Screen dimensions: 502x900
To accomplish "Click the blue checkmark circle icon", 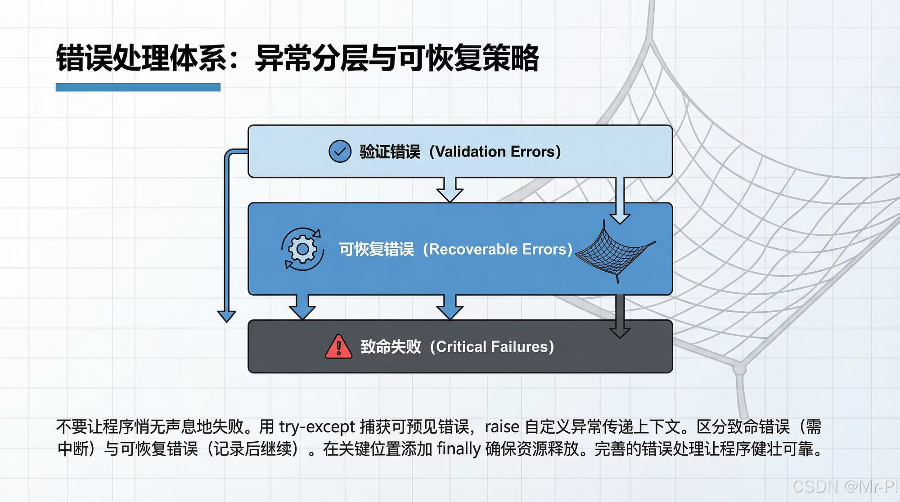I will tap(340, 151).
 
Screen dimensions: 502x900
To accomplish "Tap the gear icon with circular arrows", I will tap(302, 249).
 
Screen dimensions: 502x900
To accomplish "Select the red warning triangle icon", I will tap(338, 347).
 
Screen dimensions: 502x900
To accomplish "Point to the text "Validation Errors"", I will tap(495, 152).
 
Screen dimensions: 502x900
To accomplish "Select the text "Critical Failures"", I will tap(492, 347).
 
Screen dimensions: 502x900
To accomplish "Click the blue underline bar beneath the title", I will tap(138, 87).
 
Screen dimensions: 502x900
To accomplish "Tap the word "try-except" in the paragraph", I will tap(317, 426).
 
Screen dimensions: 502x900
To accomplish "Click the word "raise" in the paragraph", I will tap(502, 426).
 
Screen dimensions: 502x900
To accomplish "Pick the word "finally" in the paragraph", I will tap(459, 449).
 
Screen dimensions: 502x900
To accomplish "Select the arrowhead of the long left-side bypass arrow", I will tap(226, 316).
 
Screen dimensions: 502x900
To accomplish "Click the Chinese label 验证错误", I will tap(390, 152).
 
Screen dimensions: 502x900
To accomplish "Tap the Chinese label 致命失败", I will tap(391, 347).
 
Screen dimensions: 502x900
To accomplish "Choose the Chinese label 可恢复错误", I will tap(376, 249).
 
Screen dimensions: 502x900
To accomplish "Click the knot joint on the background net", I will tap(739, 369).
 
